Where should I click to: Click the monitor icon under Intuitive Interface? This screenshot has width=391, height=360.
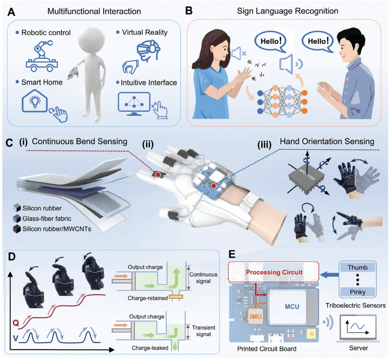(134, 104)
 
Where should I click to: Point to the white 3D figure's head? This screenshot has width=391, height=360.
(91, 39)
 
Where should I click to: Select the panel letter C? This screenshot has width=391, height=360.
(9, 143)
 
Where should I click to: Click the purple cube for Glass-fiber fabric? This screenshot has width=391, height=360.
(17, 219)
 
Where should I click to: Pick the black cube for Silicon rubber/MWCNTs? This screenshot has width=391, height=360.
(17, 229)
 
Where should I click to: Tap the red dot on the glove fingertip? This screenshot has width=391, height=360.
(158, 174)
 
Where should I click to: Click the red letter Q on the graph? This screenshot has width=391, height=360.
(16, 323)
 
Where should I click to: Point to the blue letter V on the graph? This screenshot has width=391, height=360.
(15, 338)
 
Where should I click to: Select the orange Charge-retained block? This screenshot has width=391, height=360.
(176, 297)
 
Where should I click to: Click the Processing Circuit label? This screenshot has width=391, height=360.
(274, 272)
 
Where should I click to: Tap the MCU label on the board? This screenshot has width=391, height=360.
(292, 306)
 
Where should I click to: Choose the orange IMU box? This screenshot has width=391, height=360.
(256, 316)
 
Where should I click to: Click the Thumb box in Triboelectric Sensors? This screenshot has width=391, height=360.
(358, 268)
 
